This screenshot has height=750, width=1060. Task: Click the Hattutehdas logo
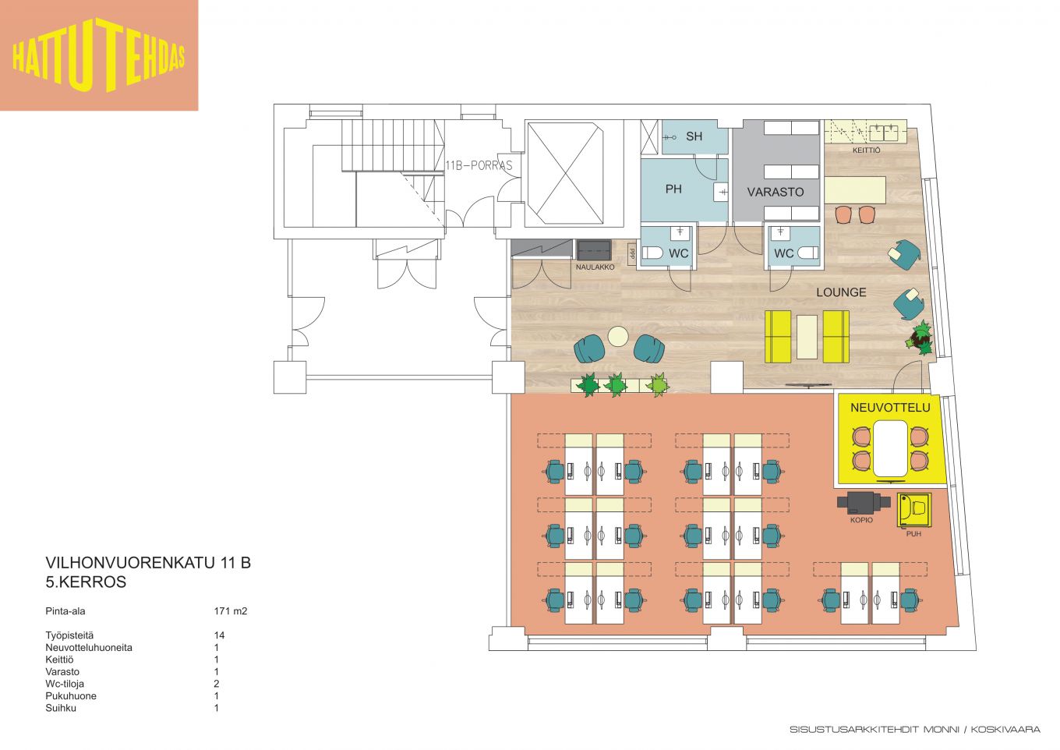click(99, 55)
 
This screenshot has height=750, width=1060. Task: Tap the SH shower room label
click(694, 136)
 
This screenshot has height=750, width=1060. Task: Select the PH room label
click(673, 189)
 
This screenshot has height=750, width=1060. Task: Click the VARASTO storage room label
click(775, 192)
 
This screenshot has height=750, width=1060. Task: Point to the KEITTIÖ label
click(867, 150)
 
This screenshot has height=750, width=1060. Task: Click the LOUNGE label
click(841, 292)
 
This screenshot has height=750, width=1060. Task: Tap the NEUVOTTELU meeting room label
click(890, 407)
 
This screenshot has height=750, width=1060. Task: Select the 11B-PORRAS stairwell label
click(479, 165)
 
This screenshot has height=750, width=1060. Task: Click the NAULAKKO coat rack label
click(595, 267)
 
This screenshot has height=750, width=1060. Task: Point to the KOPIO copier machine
click(860, 503)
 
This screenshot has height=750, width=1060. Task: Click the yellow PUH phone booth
click(913, 510)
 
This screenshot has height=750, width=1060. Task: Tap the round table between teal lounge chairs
click(617, 337)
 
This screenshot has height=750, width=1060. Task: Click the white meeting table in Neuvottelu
click(890, 448)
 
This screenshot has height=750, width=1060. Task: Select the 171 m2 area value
click(231, 610)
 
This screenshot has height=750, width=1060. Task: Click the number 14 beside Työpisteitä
click(219, 635)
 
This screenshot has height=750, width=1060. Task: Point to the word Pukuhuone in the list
click(71, 695)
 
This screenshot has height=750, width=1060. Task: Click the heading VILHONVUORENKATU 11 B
click(148, 563)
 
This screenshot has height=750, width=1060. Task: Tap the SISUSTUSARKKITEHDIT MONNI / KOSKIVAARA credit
click(915, 730)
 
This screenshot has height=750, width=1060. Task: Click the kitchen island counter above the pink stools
click(855, 190)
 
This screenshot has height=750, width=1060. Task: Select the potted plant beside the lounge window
click(920, 338)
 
